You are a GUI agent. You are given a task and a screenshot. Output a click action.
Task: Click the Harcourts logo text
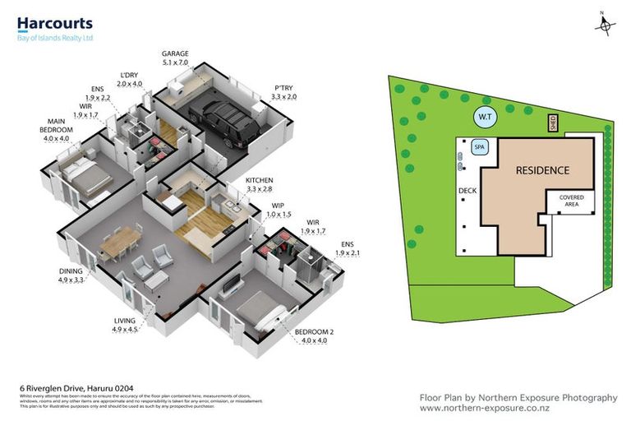(x=55, y=24)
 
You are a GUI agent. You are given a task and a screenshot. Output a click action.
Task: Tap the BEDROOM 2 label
(x=311, y=333)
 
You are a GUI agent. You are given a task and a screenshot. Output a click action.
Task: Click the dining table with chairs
(x=119, y=240)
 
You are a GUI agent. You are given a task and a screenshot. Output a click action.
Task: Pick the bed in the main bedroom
(x=82, y=175)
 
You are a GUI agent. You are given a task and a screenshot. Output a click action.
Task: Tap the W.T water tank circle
(x=485, y=118)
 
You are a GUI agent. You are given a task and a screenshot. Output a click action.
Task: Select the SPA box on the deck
(x=480, y=146)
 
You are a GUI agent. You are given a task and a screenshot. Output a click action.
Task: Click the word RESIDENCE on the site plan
(x=542, y=171)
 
